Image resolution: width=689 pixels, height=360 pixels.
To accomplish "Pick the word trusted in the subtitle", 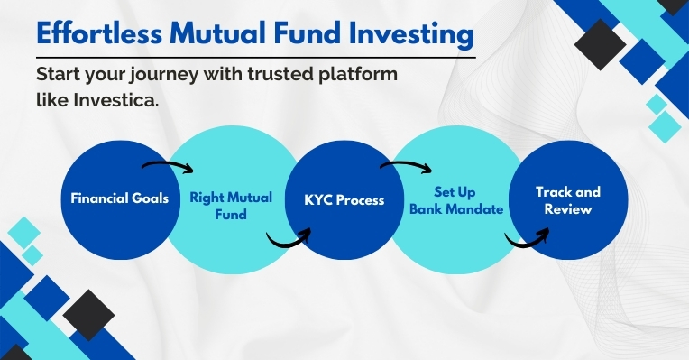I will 288,74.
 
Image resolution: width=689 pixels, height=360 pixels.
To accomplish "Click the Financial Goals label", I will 119,198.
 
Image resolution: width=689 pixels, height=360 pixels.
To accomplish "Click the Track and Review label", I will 567,200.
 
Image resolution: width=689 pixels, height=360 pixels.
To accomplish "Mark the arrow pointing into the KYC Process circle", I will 288,239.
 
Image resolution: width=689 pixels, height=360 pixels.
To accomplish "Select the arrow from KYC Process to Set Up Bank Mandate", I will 408,167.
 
